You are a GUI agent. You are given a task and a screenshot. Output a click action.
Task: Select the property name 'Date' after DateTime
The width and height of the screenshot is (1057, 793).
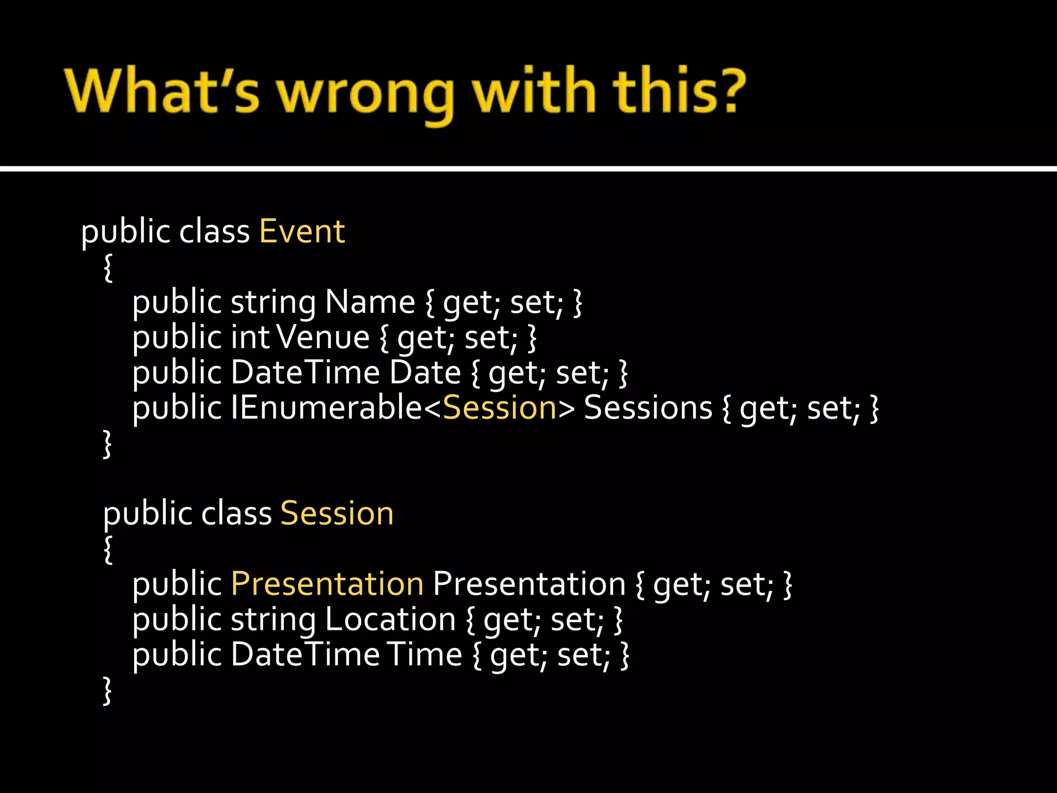coord(425,373)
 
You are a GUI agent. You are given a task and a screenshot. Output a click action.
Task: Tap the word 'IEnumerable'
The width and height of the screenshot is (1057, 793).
coord(326,408)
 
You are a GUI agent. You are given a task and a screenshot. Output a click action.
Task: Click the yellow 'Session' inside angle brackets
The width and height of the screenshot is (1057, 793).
coord(500,408)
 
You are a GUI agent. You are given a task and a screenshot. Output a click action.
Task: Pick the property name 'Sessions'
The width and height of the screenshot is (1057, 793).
coord(648,408)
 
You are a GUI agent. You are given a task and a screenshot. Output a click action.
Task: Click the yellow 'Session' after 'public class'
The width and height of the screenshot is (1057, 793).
coord(337,514)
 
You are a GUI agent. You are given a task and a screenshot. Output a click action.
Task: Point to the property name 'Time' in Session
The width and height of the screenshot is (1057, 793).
coord(424,655)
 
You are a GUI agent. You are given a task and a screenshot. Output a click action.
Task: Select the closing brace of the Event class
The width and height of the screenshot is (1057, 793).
coord(107,443)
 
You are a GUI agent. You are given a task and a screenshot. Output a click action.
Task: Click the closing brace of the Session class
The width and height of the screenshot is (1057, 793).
coord(107,690)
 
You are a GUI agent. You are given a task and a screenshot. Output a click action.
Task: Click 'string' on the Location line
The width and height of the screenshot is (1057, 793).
coord(273,620)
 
